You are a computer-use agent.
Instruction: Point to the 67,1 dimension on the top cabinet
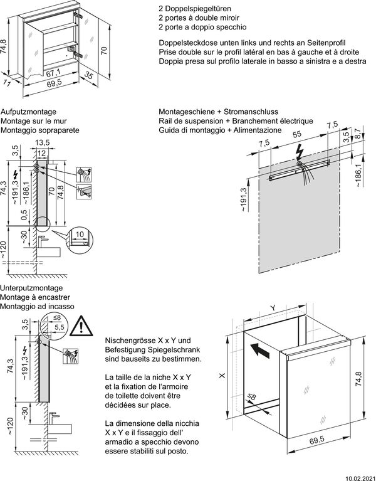tap(50, 73)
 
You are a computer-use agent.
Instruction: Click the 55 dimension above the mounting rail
tap(297, 134)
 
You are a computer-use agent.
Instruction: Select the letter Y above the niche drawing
tap(273, 308)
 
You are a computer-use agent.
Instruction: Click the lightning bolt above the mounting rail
tap(300, 151)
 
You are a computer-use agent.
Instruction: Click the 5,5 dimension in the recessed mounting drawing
tap(60, 327)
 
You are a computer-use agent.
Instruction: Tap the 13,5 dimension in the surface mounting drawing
tap(43, 142)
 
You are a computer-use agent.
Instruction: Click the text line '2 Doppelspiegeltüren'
tap(191, 8)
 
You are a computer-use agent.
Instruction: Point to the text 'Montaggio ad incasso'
tap(37, 307)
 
